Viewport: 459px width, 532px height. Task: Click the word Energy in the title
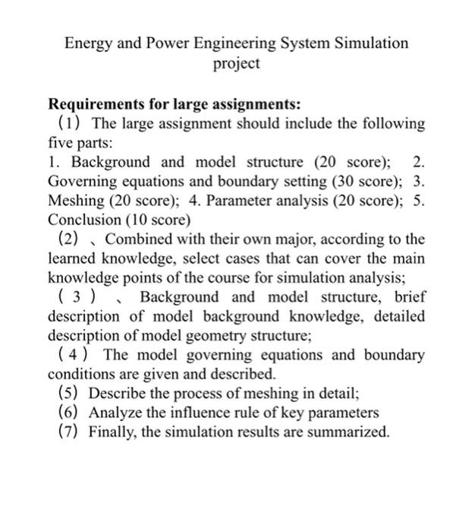pos(86,43)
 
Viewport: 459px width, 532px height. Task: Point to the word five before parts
pos(61,142)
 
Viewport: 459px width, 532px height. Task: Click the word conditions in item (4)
pos(79,375)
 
